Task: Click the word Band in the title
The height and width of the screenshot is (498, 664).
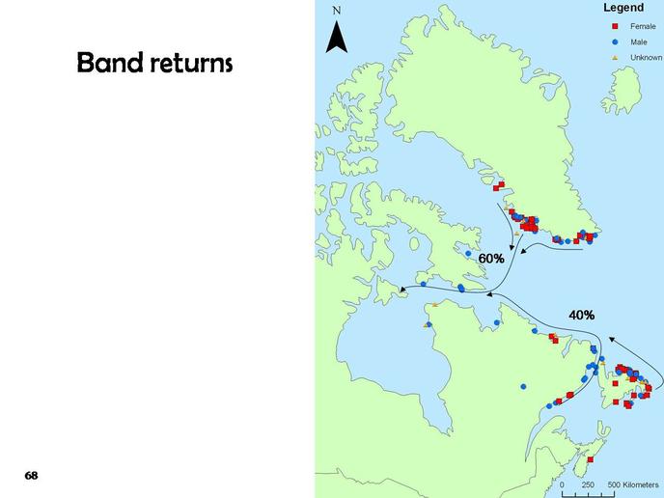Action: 110,62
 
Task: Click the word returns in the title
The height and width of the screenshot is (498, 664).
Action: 191,64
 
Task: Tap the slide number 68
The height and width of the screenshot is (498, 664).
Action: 31,476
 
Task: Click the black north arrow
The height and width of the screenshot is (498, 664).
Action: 337,38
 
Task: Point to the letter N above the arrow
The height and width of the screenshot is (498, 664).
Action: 337,11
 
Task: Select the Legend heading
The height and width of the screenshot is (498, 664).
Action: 623,8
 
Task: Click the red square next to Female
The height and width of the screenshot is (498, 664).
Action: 616,26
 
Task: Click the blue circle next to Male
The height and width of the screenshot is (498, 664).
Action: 616,41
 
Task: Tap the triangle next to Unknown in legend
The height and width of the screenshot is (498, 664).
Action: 616,58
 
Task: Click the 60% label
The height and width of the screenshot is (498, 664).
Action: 491,259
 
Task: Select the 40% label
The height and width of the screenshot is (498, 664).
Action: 581,315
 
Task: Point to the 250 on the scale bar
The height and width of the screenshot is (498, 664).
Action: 588,484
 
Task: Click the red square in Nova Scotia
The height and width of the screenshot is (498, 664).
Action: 591,459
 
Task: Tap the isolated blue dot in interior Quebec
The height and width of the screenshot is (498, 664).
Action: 523,386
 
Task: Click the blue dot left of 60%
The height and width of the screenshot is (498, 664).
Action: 468,253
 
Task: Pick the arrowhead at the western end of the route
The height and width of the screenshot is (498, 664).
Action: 403,290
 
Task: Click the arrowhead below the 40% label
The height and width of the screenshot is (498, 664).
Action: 612,339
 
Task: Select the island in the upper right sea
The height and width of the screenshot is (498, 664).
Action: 622,91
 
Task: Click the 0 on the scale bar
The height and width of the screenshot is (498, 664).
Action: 562,484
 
